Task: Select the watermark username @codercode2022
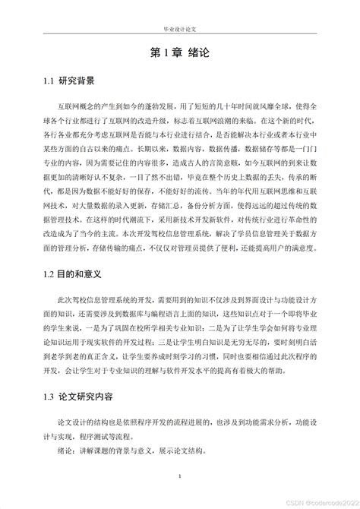click(327, 501)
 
